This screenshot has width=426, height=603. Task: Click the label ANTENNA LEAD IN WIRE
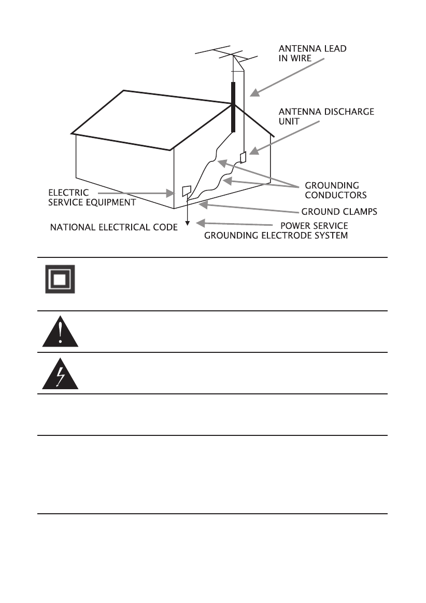tap(313, 53)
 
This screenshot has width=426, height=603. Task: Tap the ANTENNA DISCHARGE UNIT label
tap(326, 115)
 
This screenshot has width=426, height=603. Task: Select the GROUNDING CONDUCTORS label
tap(335, 190)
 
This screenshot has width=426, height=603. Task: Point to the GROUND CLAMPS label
tap(339, 212)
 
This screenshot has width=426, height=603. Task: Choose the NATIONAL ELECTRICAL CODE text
tap(113, 227)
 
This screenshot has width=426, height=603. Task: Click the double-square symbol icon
tap(60, 279)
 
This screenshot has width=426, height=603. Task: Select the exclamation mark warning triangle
tap(60, 333)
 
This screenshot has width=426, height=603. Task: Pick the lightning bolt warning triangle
tap(60, 375)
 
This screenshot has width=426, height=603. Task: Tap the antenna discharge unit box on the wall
tap(243, 156)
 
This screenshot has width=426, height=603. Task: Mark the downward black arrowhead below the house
tap(188, 224)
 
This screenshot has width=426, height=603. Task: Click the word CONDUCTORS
tap(335, 195)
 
